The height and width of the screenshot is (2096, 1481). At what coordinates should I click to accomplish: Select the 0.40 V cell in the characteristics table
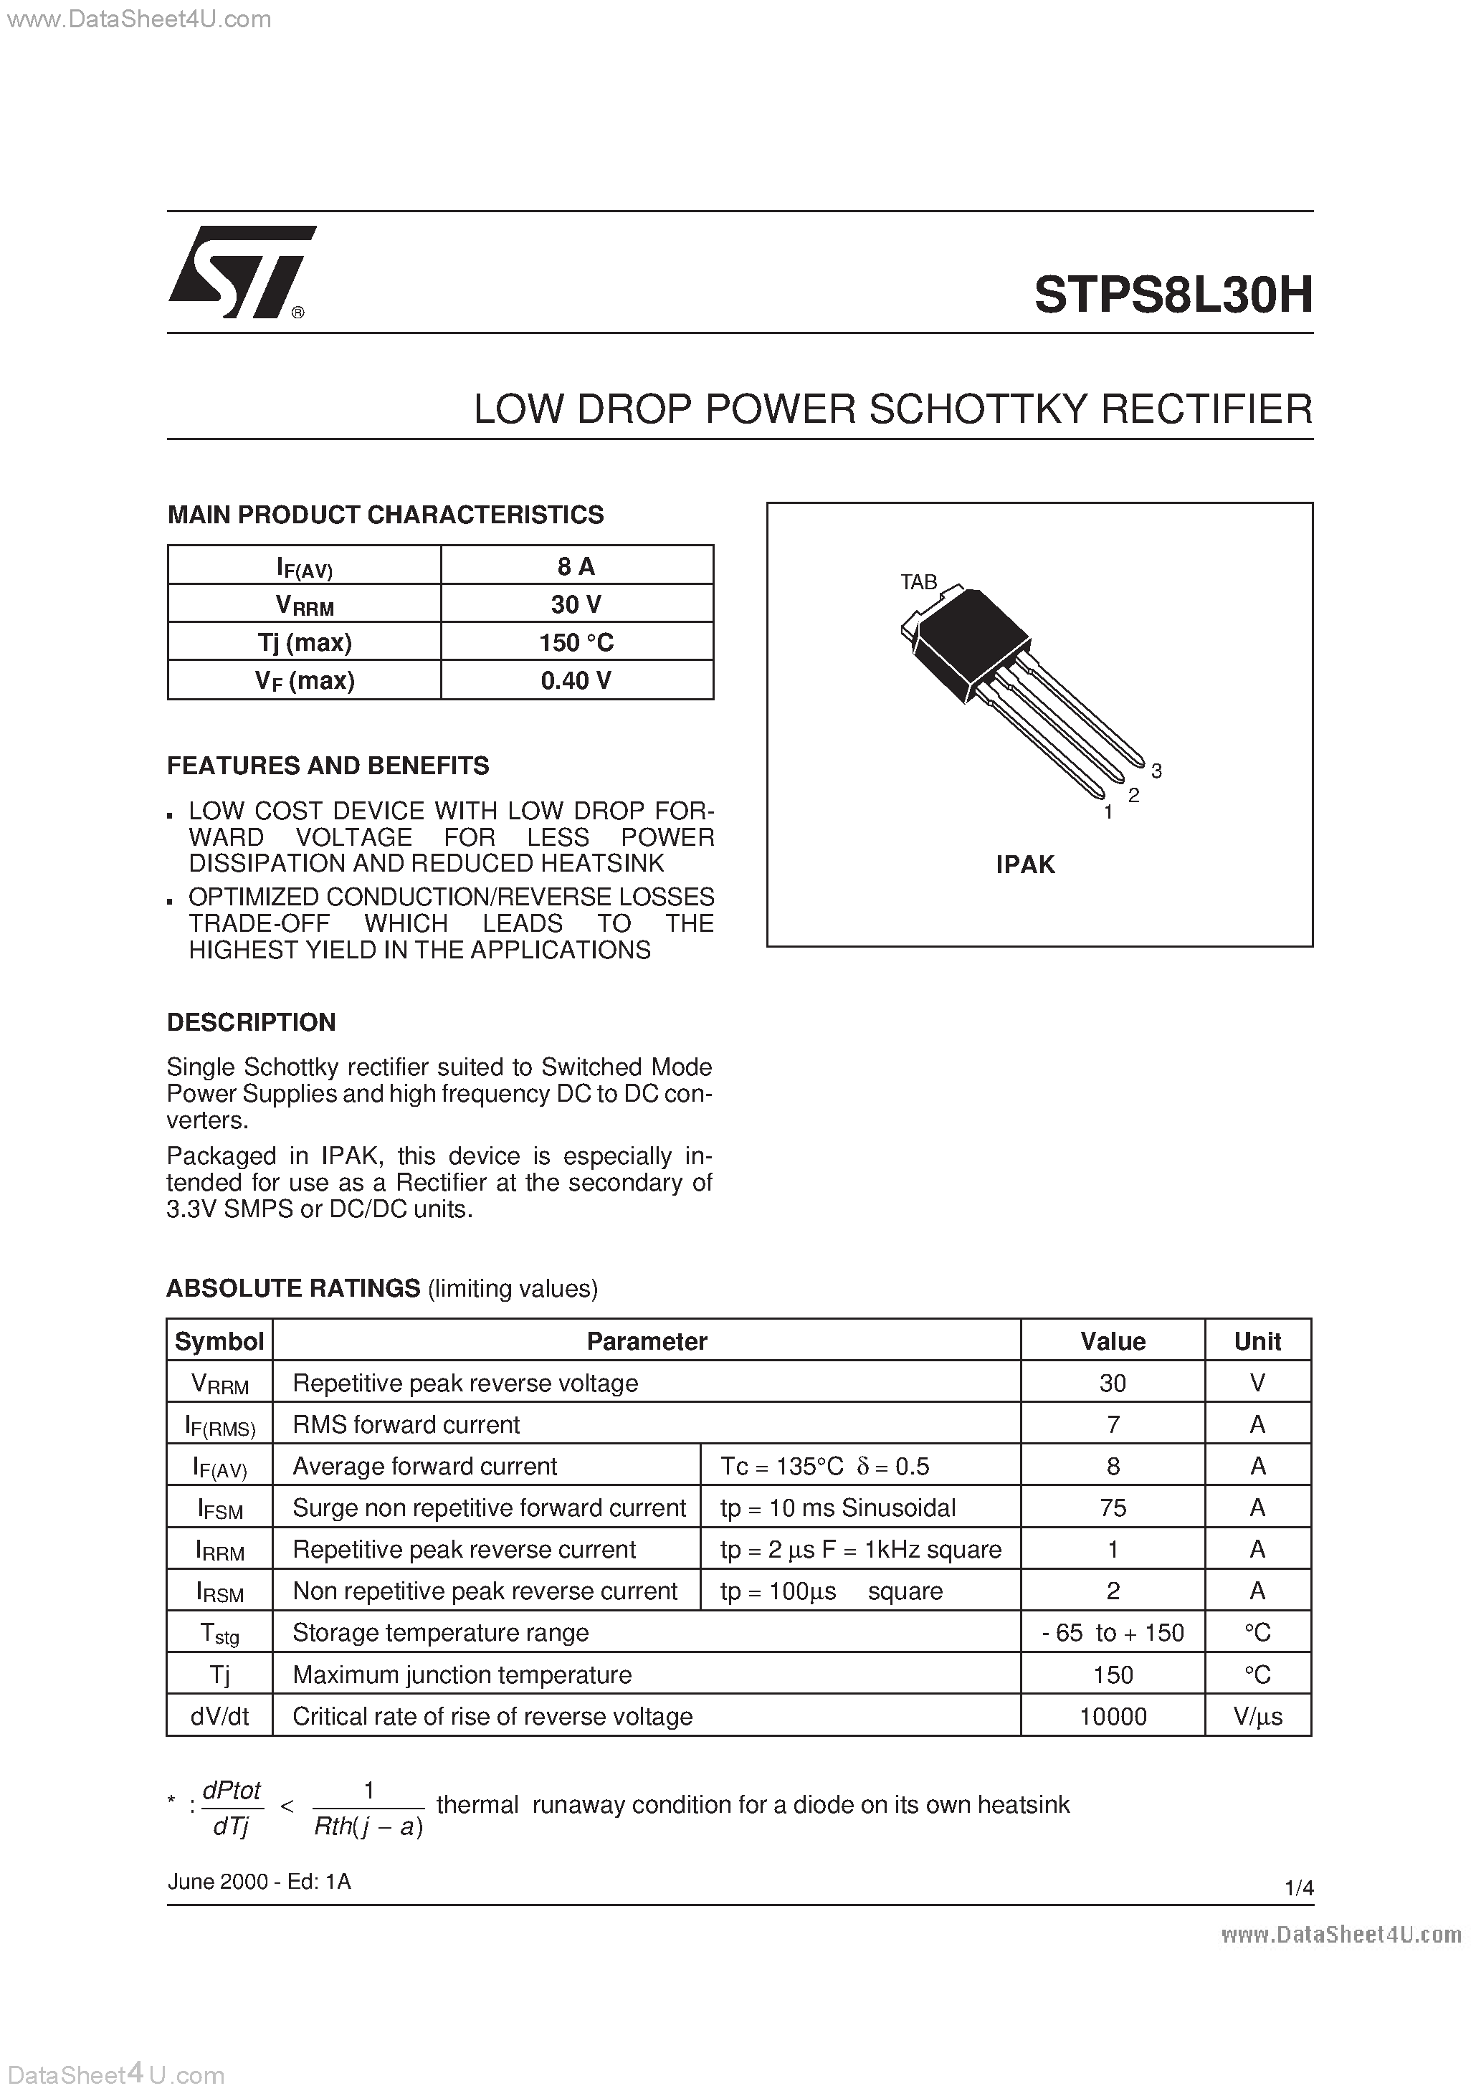576,680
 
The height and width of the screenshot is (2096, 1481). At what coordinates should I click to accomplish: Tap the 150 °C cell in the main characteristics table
576,643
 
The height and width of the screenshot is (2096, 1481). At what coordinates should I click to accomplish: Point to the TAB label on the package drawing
918,581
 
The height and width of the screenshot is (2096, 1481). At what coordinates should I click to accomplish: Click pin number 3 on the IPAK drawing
1156,771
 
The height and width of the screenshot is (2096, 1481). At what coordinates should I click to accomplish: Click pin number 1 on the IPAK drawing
1108,812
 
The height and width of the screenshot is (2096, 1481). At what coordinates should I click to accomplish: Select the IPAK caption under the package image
1024,864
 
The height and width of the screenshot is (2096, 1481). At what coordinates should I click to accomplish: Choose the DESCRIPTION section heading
251,1021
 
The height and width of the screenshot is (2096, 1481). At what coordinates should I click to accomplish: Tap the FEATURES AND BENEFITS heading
328,765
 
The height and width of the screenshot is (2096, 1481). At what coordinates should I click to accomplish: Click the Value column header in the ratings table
1112,1341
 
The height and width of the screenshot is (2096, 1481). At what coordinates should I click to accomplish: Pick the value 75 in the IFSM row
1112,1508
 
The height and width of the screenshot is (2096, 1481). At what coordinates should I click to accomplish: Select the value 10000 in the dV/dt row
1112,1717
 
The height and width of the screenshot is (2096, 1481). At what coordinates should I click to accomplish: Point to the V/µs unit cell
1257,1717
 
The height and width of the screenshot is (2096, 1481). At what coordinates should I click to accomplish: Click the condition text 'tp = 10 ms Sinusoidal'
837,1508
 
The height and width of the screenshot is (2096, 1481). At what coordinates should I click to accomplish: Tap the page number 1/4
1298,1888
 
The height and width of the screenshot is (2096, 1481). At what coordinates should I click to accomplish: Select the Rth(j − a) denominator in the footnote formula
368,1826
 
